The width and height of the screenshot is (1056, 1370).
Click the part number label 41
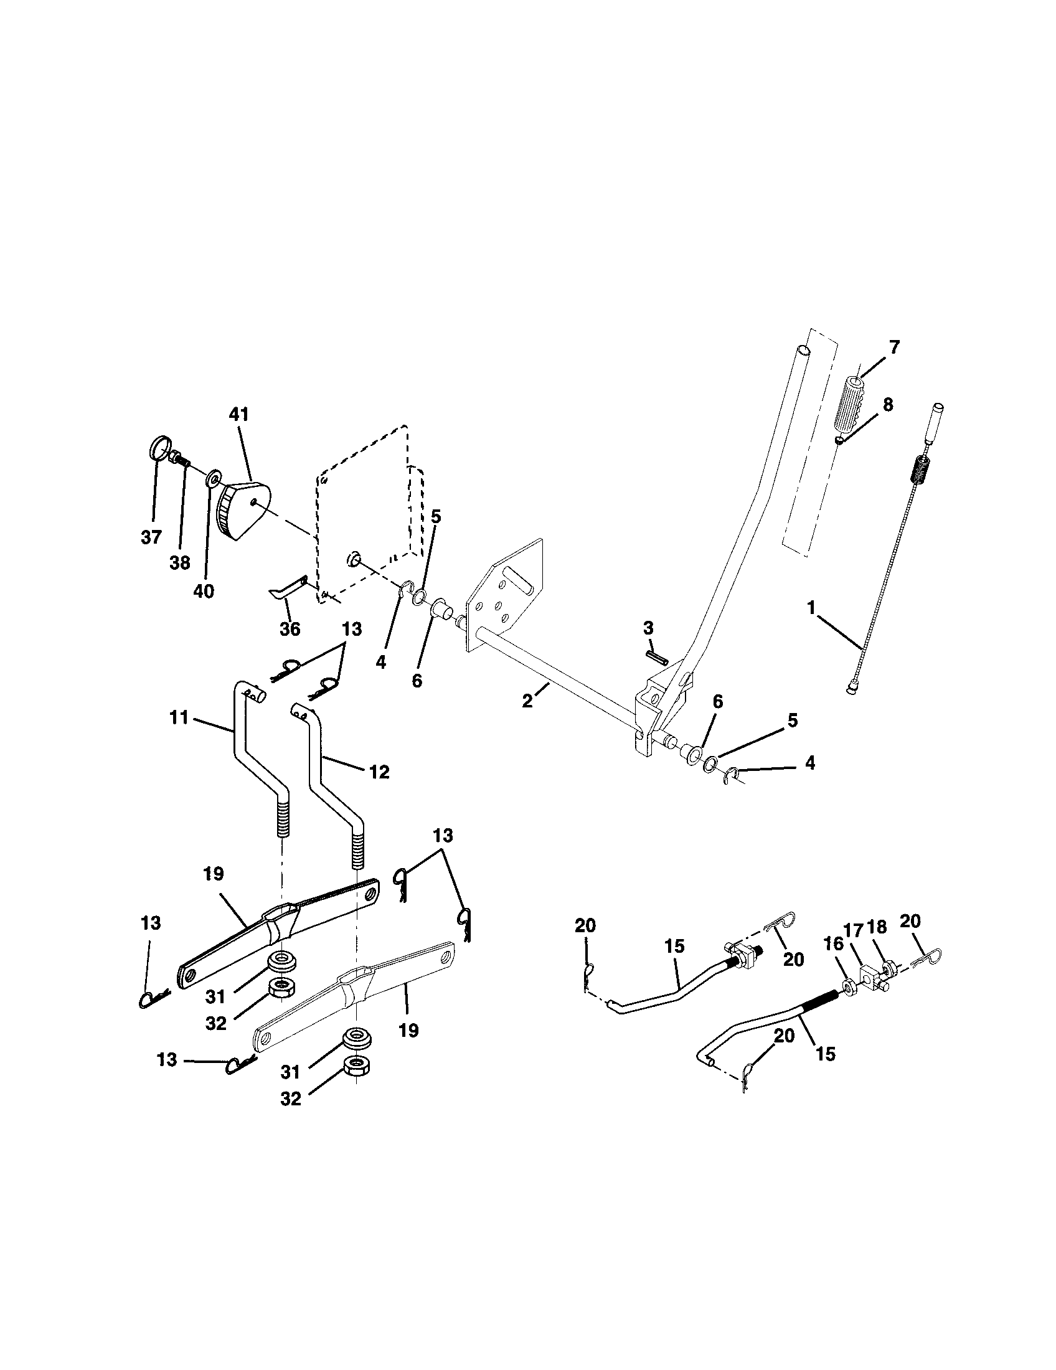coord(239,414)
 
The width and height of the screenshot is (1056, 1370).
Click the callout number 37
coord(151,537)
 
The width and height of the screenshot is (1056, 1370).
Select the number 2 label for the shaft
coord(527,701)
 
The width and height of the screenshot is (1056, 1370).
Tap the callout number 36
coord(290,628)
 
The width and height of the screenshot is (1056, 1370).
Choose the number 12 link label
coord(380,771)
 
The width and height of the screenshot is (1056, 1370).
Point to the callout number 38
coord(180,563)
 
